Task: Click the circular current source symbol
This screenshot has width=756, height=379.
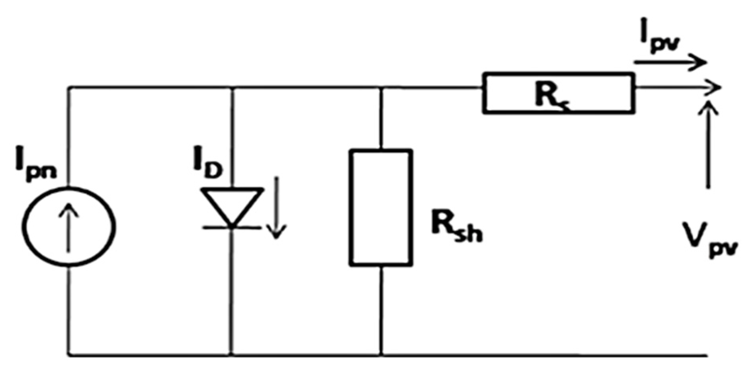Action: pyautogui.click(x=69, y=226)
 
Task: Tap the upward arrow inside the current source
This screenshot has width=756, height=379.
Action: pyautogui.click(x=69, y=227)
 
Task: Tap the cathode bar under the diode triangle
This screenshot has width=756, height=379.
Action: pyautogui.click(x=232, y=228)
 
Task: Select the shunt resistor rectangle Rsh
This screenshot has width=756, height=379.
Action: pyautogui.click(x=381, y=207)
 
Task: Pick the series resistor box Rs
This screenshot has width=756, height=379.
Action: pyautogui.click(x=559, y=93)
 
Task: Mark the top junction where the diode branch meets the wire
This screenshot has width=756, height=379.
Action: pyautogui.click(x=232, y=87)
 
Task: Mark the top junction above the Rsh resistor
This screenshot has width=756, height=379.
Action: pyautogui.click(x=381, y=87)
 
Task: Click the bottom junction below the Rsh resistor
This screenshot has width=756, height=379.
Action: pyautogui.click(x=381, y=354)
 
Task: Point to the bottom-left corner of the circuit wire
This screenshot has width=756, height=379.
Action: pyautogui.click(x=69, y=354)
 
